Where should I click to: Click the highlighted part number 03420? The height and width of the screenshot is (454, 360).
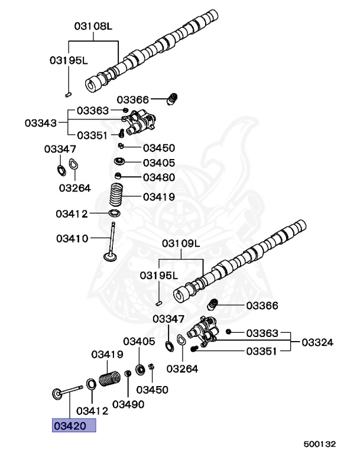[73, 425]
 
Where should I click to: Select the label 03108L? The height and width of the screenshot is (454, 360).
[93, 27]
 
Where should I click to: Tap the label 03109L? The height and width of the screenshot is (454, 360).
[181, 244]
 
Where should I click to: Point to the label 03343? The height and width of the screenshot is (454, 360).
[41, 123]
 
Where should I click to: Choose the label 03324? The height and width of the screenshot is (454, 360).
[317, 342]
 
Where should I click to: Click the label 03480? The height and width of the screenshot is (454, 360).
[159, 177]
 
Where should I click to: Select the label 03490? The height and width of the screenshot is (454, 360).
[128, 404]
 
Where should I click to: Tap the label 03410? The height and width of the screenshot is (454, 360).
[72, 239]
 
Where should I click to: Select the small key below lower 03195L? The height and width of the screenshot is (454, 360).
[159, 303]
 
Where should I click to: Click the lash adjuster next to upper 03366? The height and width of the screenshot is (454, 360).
[173, 99]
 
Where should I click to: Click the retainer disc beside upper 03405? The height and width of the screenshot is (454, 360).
[119, 162]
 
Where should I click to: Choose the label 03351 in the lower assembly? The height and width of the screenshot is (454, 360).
[261, 351]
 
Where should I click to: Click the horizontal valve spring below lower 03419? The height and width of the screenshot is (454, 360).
[110, 377]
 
